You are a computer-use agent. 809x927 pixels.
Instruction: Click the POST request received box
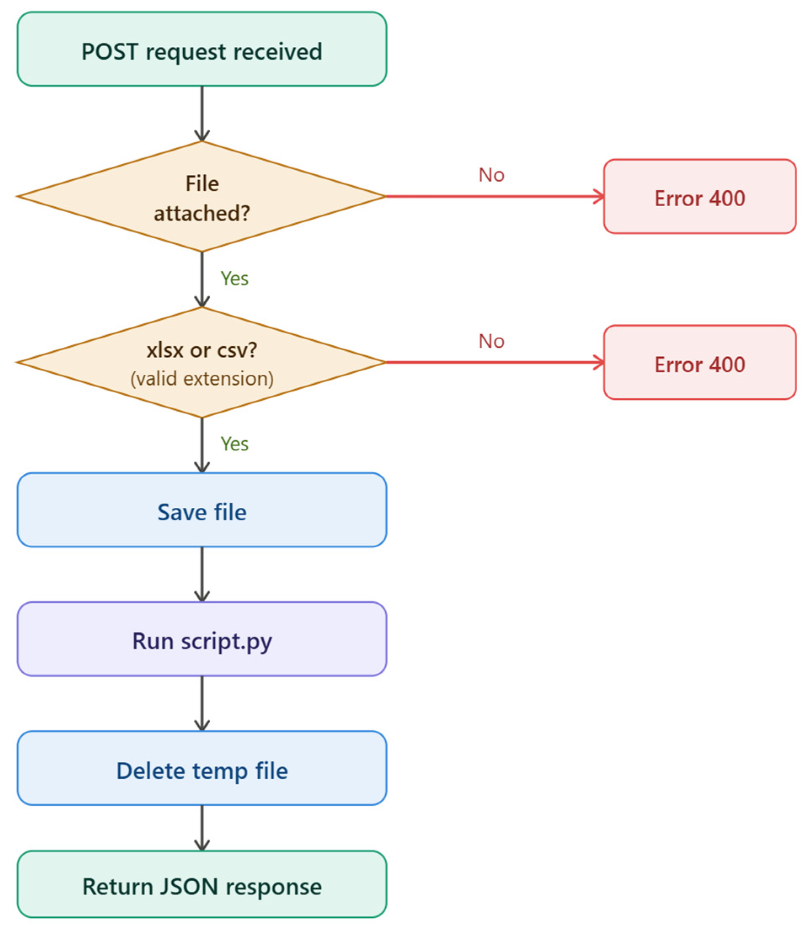tap(202, 50)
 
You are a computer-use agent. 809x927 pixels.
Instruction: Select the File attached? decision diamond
tap(202, 197)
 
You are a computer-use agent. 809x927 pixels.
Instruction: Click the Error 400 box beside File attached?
tap(700, 197)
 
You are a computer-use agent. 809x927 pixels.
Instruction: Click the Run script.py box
tap(202, 640)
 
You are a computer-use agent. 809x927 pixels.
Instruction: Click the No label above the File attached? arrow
tap(491, 175)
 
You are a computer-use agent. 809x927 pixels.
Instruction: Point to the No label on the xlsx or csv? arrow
tap(491, 341)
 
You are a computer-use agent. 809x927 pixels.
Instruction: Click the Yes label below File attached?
tap(234, 278)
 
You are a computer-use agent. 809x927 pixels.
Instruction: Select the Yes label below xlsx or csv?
tap(234, 444)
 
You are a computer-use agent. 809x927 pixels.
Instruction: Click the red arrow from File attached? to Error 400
tap(494, 197)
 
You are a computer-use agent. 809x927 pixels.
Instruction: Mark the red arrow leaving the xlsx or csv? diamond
tap(494, 362)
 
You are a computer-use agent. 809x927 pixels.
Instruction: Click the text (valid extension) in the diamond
tap(202, 378)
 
